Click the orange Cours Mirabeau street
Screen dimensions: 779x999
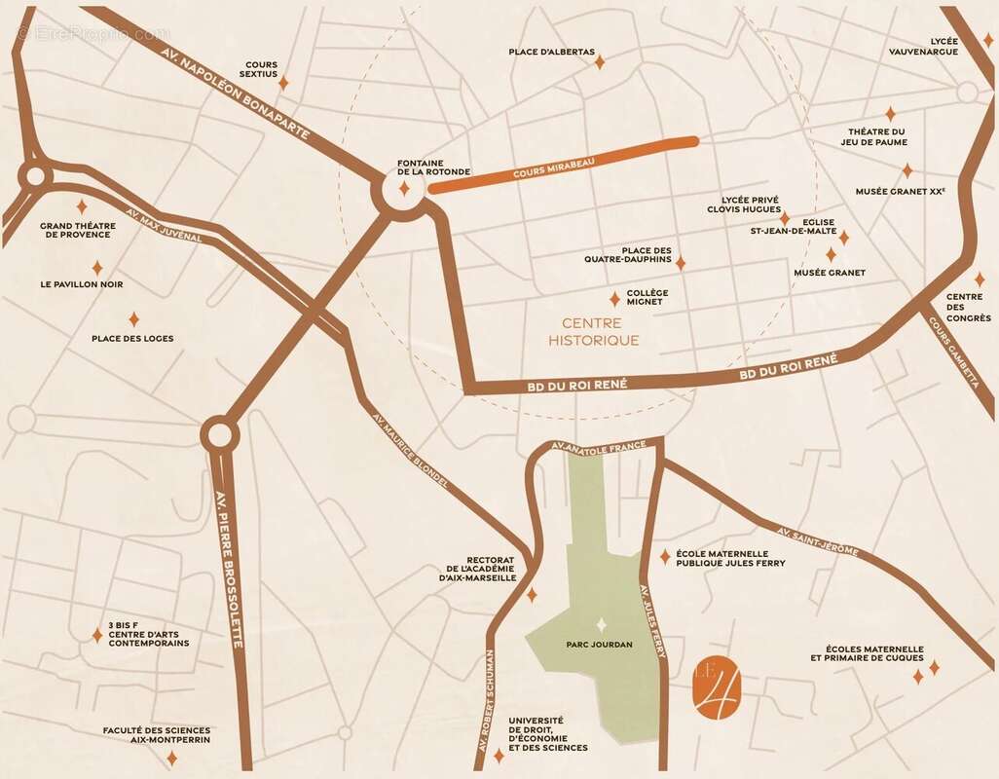pos(565,163)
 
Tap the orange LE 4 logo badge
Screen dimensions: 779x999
pos(719,688)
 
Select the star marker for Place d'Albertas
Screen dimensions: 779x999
pos(600,62)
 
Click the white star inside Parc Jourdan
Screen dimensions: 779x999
pos(601,624)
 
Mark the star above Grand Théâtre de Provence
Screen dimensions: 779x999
pos(82,206)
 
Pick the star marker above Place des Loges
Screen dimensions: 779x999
pos(133,318)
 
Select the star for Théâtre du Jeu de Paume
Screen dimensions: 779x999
pos(889,114)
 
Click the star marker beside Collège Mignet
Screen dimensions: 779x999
pos(614,299)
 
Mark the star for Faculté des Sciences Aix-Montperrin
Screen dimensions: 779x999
pos(171,758)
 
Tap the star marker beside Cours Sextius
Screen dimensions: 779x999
pos(283,83)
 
